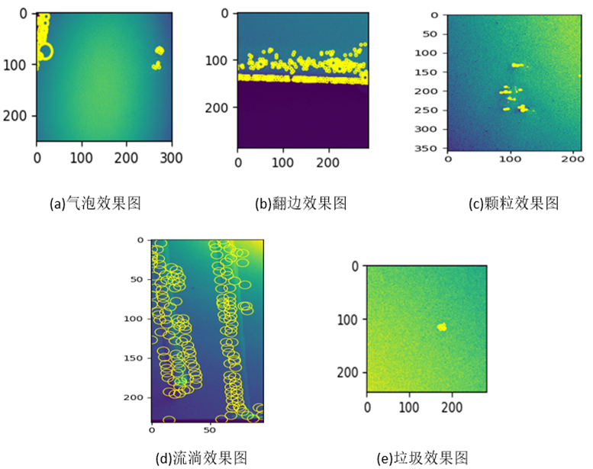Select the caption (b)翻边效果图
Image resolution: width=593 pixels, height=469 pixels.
[x=301, y=204]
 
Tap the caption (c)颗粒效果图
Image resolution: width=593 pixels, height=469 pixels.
[x=514, y=204]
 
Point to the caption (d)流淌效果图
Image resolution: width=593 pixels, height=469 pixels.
[x=201, y=458]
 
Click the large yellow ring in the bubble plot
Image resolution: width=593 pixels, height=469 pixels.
[x=45, y=51]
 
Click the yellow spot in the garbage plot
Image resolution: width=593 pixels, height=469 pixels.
[x=442, y=326]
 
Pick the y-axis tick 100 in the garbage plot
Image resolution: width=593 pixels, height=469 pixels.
[x=348, y=320]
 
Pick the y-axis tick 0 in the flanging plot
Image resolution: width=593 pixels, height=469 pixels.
[x=224, y=14]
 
